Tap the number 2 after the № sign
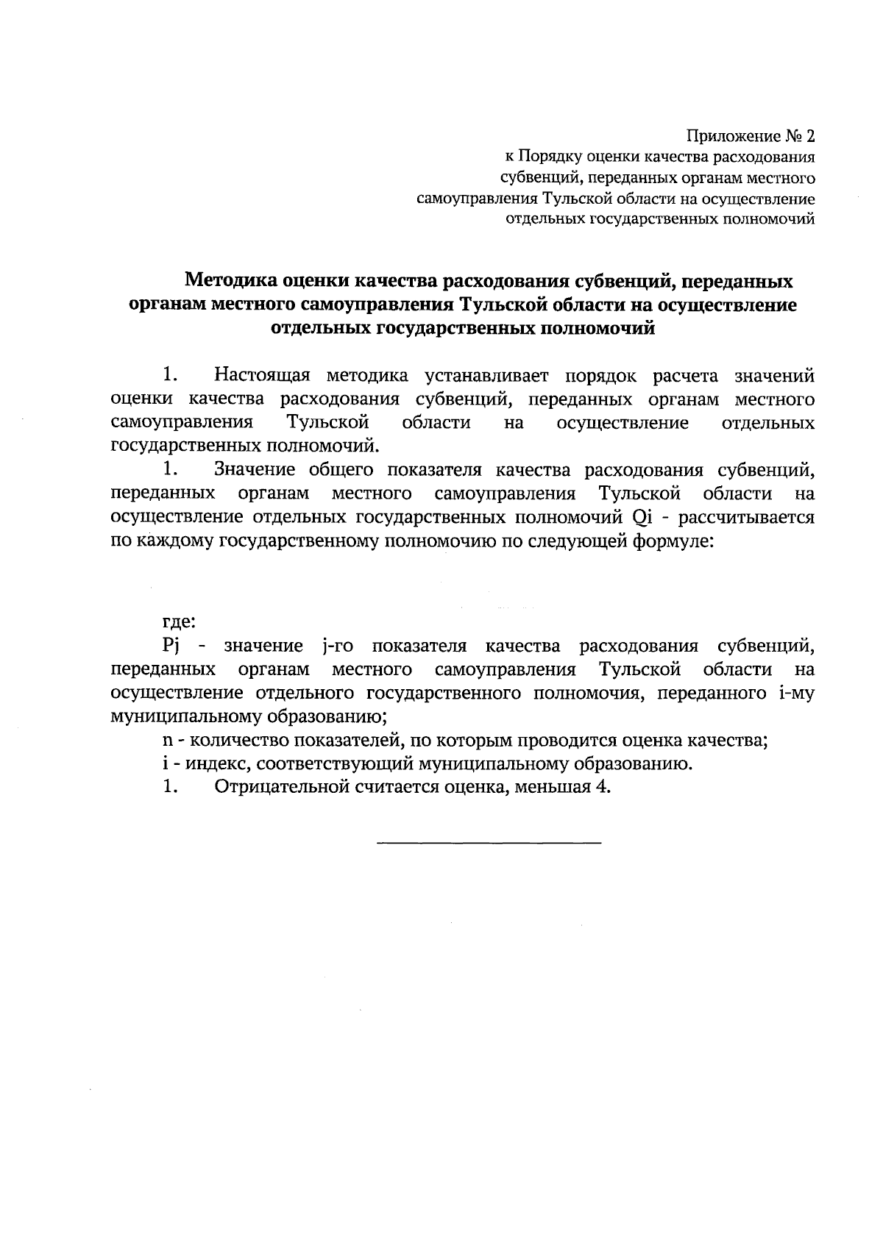click(x=810, y=136)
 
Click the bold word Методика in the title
click(x=230, y=281)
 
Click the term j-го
click(x=338, y=646)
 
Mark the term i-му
click(x=795, y=694)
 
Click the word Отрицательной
click(x=279, y=788)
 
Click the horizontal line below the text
click(x=489, y=841)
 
